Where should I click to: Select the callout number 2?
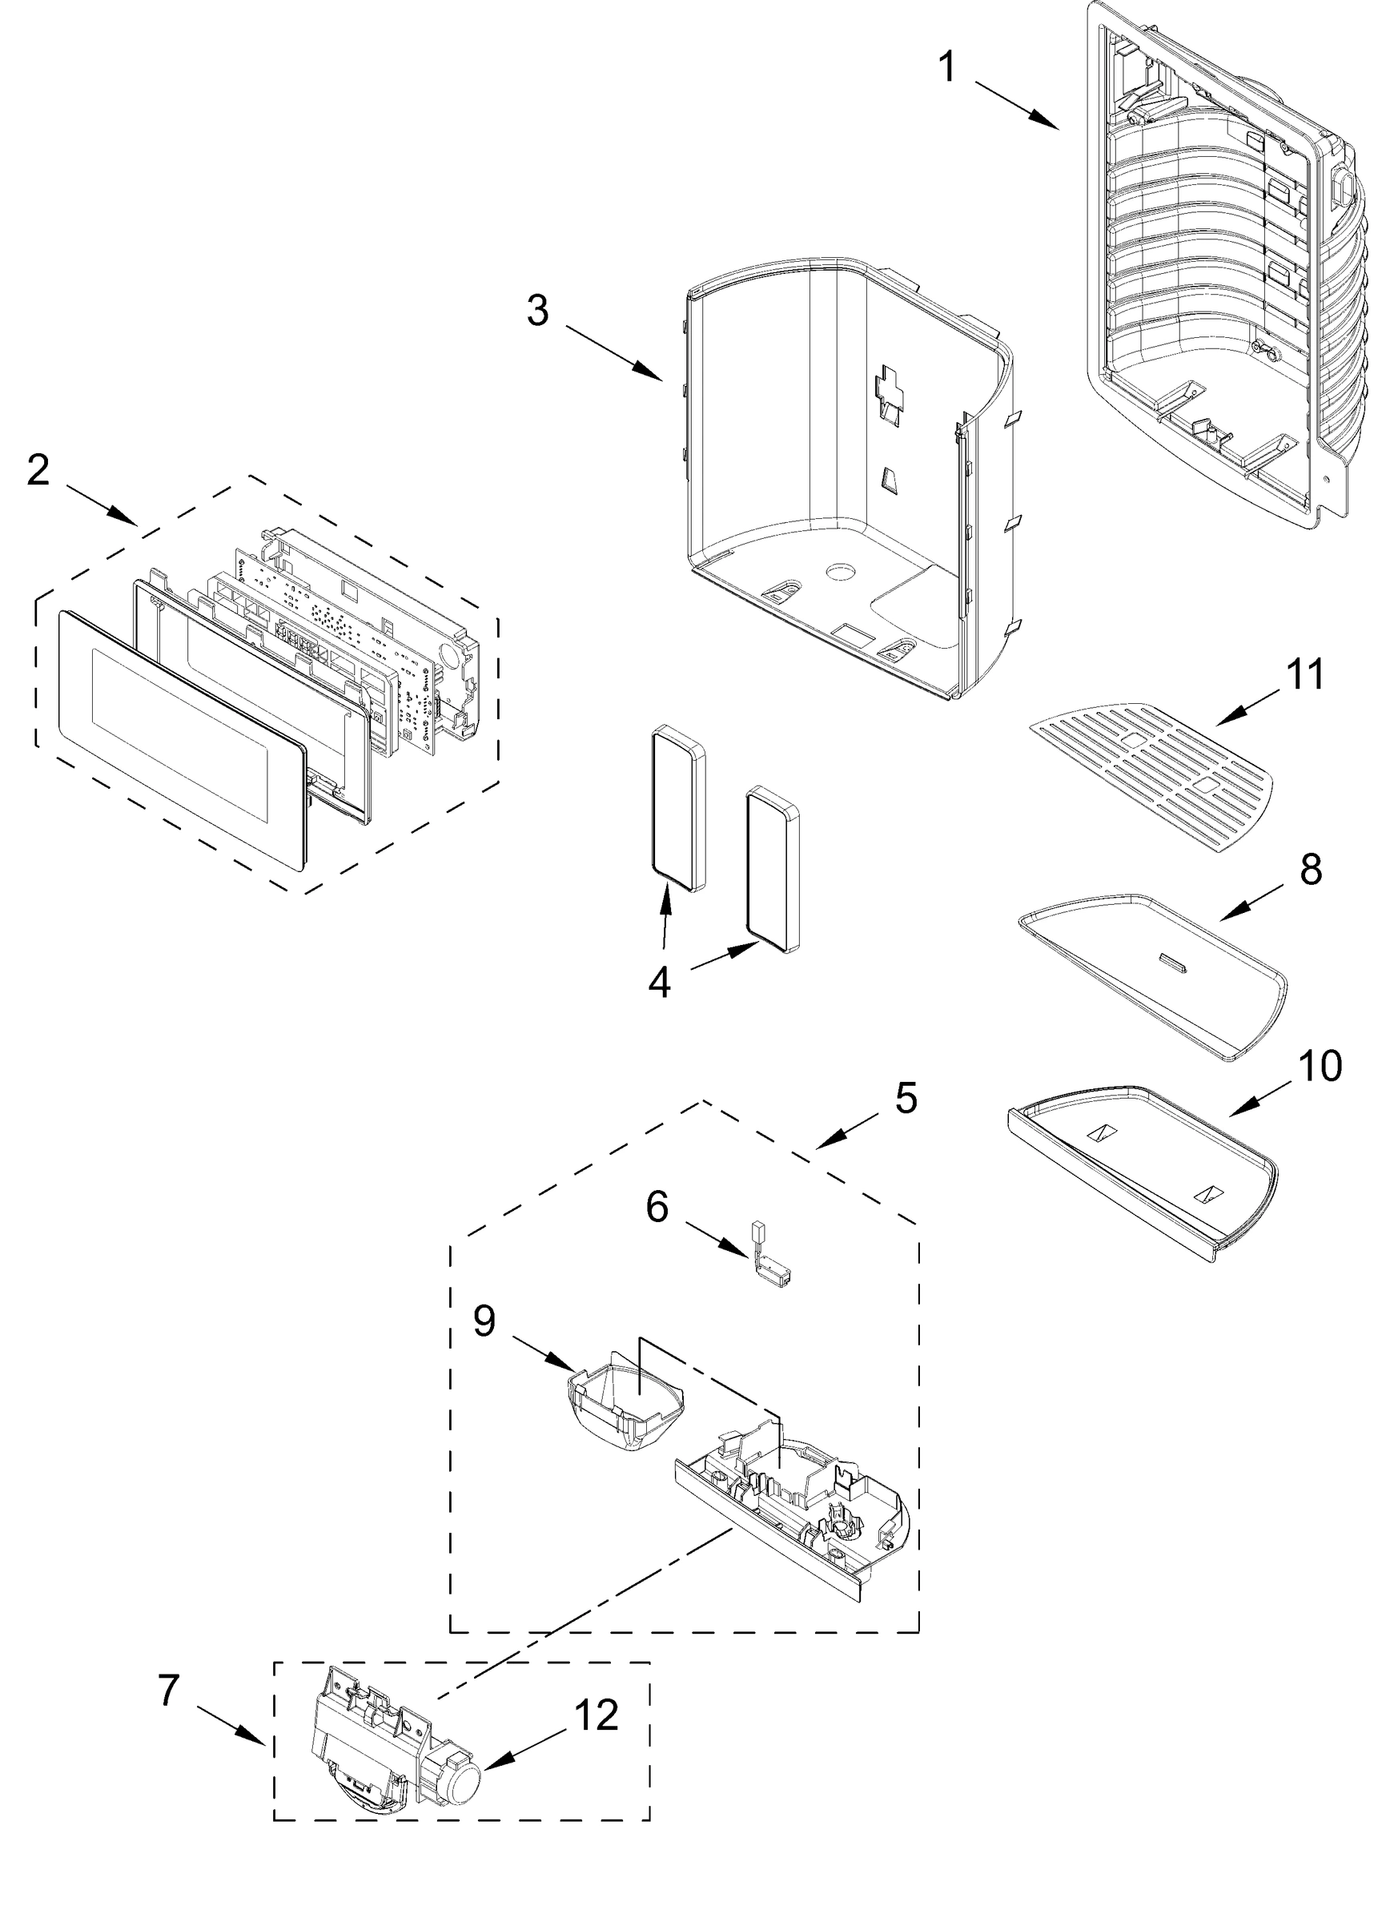click(x=38, y=471)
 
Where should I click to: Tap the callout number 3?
click(x=537, y=310)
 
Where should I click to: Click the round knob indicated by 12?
click(x=463, y=1788)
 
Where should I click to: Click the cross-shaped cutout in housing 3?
click(x=890, y=389)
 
